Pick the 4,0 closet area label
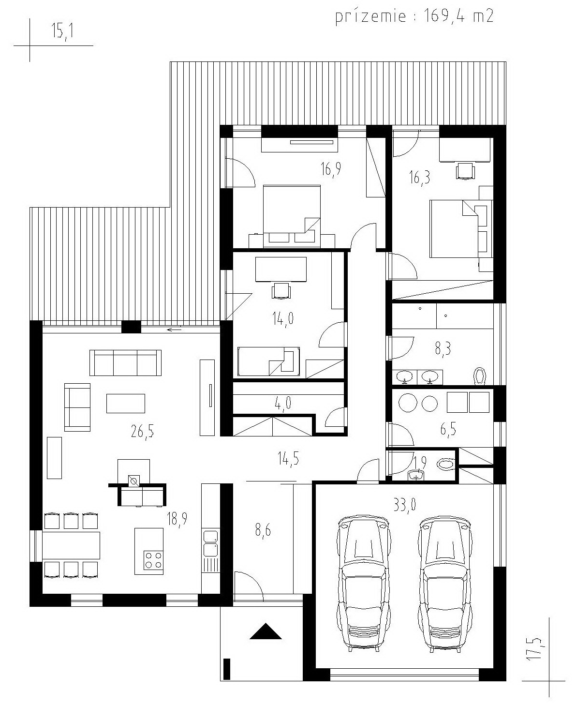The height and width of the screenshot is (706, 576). (x=283, y=403)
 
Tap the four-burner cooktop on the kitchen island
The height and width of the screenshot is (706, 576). (x=153, y=560)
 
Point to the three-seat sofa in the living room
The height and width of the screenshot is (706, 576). (x=125, y=363)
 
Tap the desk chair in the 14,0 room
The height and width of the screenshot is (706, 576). (x=281, y=290)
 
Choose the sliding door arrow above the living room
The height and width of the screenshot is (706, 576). (x=175, y=330)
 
